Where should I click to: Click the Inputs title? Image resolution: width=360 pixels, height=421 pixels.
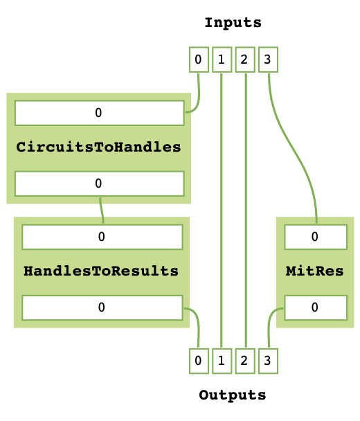(x=233, y=23)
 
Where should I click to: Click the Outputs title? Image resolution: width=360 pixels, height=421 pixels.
(x=232, y=395)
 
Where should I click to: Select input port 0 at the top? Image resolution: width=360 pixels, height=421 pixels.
(x=199, y=60)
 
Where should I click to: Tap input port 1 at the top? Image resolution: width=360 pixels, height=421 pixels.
(x=221, y=60)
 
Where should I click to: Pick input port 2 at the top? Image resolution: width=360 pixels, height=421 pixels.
(x=244, y=60)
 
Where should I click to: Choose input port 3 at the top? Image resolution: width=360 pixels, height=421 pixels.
(x=267, y=60)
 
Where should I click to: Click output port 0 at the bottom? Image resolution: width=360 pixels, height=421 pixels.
(x=199, y=360)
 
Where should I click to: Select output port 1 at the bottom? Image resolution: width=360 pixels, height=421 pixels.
(x=221, y=360)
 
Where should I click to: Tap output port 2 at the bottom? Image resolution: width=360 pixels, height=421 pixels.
(x=244, y=360)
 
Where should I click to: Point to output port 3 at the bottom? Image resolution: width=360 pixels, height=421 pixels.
(x=267, y=360)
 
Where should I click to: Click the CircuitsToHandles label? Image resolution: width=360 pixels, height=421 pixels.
(x=98, y=147)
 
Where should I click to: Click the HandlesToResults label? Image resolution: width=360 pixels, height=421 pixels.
(x=101, y=270)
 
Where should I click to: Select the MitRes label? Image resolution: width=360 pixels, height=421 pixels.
(x=314, y=270)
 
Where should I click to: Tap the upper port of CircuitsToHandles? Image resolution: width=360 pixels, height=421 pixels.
(x=99, y=112)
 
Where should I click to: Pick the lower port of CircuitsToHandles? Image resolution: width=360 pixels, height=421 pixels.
(x=99, y=183)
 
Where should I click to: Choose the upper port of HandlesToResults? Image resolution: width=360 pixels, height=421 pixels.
(x=102, y=237)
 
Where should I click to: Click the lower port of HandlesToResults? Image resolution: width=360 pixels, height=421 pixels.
(x=102, y=307)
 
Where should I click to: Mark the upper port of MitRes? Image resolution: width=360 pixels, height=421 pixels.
(x=315, y=237)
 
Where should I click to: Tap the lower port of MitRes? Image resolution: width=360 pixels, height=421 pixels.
(x=315, y=307)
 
